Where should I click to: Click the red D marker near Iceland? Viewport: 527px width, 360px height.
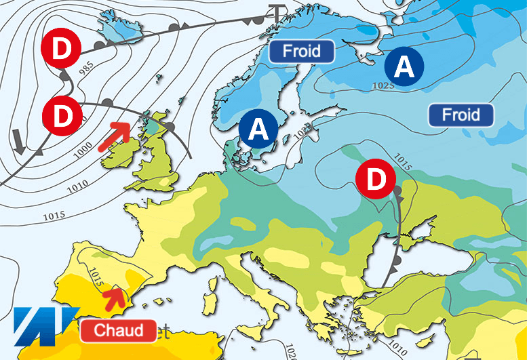pyautogui.click(x=61, y=47)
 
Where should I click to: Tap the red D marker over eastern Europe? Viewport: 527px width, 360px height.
pyautogui.click(x=375, y=178)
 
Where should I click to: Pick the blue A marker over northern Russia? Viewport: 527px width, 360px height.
pyautogui.click(x=404, y=66)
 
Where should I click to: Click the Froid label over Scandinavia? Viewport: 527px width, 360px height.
pyautogui.click(x=302, y=51)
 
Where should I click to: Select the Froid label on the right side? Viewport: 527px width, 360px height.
pyautogui.click(x=461, y=115)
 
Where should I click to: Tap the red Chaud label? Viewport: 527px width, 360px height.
pyautogui.click(x=119, y=331)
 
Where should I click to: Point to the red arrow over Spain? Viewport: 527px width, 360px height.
pyautogui.click(x=117, y=296)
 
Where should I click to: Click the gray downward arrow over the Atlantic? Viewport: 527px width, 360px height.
pyautogui.click(x=18, y=141)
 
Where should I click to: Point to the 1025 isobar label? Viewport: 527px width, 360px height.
pyautogui.click(x=384, y=85)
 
